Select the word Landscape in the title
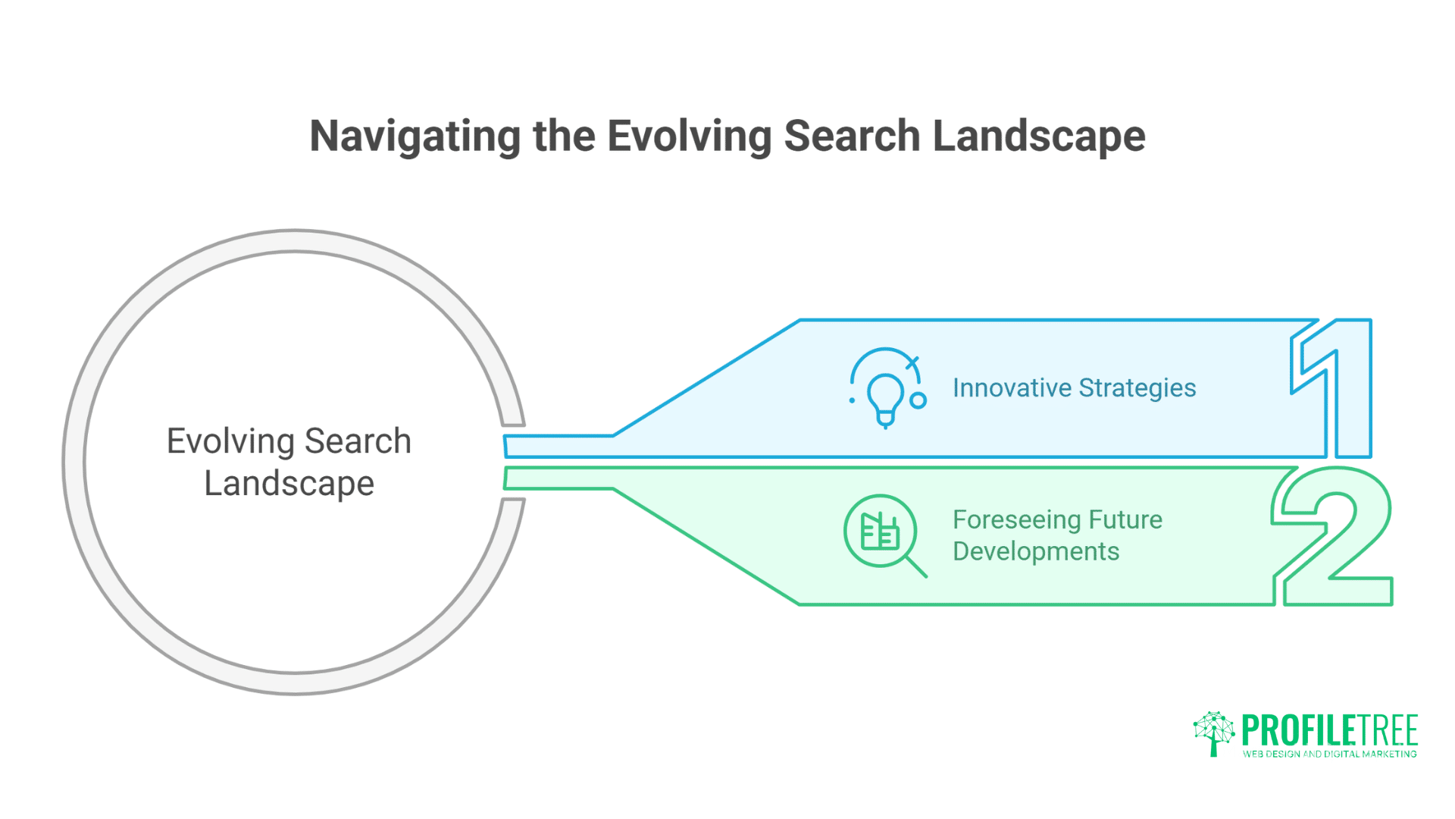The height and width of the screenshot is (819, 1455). click(1038, 136)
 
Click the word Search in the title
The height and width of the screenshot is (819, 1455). click(852, 136)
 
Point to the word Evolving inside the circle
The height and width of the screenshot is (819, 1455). click(230, 441)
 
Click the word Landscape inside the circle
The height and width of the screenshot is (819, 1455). click(289, 484)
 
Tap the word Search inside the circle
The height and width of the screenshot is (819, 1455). click(358, 441)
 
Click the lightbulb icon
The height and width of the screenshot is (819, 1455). click(884, 396)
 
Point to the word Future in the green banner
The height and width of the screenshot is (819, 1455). click(1125, 519)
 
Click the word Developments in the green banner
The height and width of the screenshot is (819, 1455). click(1035, 551)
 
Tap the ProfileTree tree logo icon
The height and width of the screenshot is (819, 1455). click(1214, 733)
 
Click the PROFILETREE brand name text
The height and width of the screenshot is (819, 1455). click(1329, 730)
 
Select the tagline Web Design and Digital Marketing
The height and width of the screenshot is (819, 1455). click(1329, 754)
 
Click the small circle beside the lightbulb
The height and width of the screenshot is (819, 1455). click(918, 400)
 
